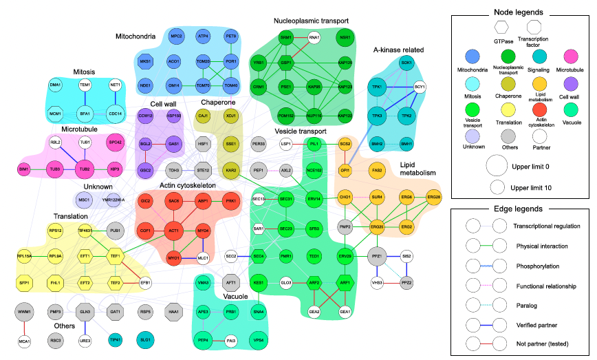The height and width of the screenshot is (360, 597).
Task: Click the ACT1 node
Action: pos(175,231)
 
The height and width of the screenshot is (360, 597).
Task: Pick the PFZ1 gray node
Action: pos(377,255)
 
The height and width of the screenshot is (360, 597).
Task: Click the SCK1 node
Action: pos(406,63)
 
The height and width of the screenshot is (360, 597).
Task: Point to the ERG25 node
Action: pos(377,226)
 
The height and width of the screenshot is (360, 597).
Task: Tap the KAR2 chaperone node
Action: pos(231,169)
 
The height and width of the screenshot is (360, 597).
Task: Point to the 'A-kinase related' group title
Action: pos(398,50)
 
